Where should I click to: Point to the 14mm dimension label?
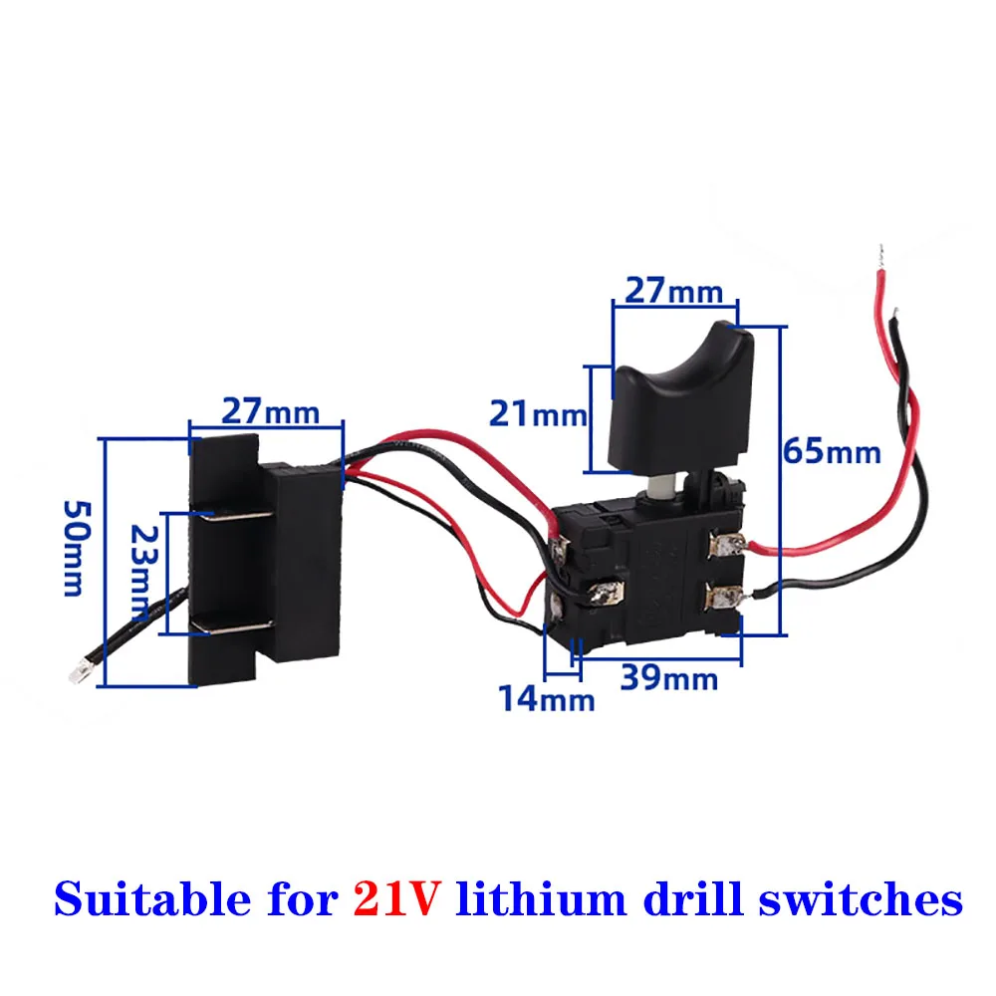(547, 699)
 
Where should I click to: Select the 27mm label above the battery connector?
(270, 410)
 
